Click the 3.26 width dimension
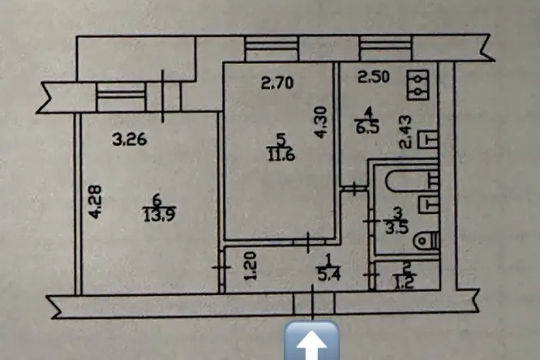[x=130, y=139]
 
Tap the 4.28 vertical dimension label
[x=95, y=202]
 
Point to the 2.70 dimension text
[x=277, y=83]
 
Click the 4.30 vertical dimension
[x=319, y=122]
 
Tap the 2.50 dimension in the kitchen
[x=374, y=76]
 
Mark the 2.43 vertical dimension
[x=405, y=132]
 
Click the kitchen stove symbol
[x=418, y=85]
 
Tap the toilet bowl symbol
[x=426, y=241]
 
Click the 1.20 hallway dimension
[x=251, y=265]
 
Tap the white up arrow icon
[x=311, y=341]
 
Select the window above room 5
[x=272, y=49]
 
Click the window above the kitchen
[x=386, y=48]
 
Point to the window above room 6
[x=121, y=96]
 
